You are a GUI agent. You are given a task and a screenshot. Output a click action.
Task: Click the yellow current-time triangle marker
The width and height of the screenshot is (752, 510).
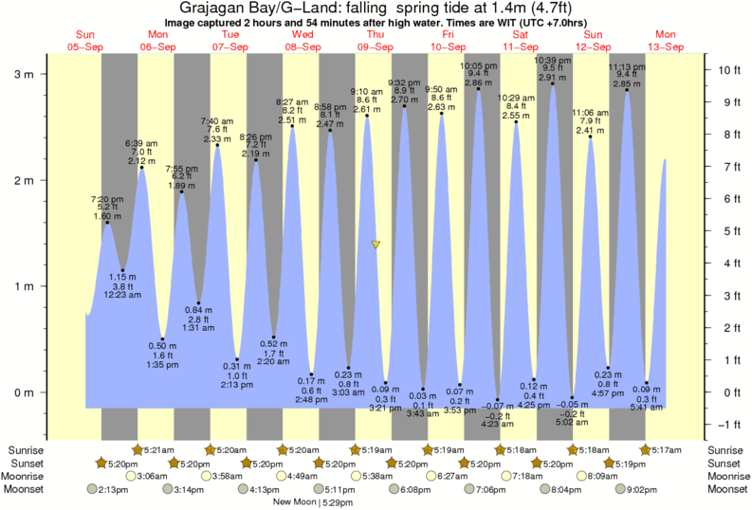(376, 245)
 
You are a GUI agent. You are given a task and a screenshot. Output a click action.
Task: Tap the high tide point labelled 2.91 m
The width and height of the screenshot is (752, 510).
(553, 83)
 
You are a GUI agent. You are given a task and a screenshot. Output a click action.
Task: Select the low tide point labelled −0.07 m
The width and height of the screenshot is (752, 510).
(498, 399)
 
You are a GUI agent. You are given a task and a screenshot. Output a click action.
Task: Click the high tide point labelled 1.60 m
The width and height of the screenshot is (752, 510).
(106, 223)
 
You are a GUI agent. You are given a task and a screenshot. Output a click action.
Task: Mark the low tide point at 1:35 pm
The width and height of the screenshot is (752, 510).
(163, 339)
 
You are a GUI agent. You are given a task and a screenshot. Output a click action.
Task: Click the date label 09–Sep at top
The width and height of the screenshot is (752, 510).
(375, 46)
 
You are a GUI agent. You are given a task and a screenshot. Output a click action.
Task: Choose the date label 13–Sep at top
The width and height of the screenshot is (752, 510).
(667, 46)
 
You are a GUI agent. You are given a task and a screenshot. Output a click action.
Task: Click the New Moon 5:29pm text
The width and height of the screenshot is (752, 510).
(313, 501)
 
